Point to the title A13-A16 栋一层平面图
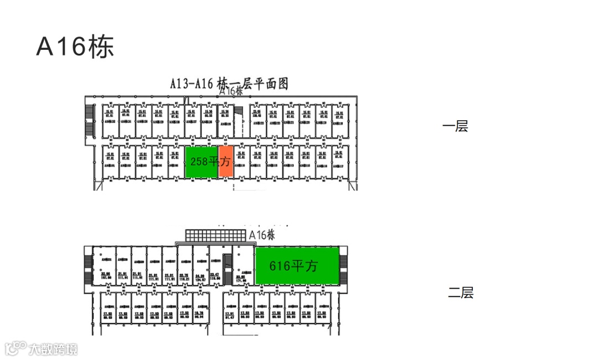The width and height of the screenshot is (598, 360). (x=229, y=84)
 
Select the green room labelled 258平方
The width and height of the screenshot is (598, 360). (x=202, y=162)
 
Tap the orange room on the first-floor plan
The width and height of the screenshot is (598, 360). (x=225, y=162)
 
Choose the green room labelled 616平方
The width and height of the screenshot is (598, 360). (x=297, y=266)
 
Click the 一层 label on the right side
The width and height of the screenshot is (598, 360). (x=455, y=126)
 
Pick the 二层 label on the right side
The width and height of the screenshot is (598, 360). (x=461, y=293)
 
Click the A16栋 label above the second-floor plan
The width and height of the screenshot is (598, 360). (x=262, y=235)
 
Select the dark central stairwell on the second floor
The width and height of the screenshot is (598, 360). (x=226, y=268)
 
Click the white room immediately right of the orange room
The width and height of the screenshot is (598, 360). (x=240, y=162)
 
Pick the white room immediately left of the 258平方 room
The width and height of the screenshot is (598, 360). (x=176, y=162)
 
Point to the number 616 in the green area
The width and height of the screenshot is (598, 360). (x=280, y=266)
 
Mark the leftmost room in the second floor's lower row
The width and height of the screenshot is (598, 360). (x=107, y=313)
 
